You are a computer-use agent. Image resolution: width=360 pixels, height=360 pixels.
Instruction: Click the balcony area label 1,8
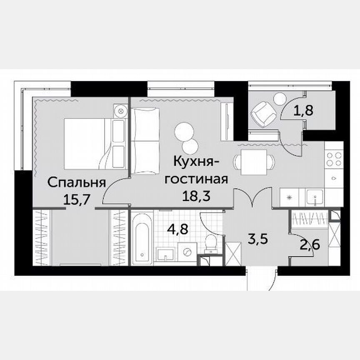coord(303,110)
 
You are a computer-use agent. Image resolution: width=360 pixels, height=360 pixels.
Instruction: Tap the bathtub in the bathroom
coord(141,239)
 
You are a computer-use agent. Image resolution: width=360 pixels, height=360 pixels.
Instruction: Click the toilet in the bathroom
coord(211,242)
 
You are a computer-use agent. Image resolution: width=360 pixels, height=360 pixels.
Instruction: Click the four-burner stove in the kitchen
coord(334,159)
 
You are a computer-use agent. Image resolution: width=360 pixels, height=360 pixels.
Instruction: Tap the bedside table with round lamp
coord(120,112)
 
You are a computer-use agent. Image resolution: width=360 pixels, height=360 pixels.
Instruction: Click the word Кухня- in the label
coord(195,162)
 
